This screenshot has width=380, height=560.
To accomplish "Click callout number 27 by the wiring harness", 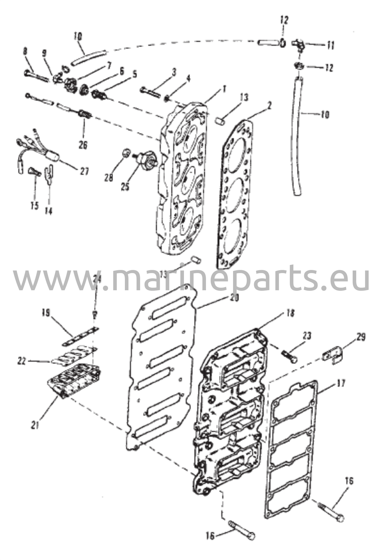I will point(84,171).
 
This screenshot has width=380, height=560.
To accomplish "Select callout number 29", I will point(361,337).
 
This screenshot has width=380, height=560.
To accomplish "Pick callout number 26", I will point(83,145).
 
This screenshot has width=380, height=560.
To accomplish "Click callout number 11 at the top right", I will point(331,46).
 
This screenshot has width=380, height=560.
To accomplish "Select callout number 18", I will point(290,313).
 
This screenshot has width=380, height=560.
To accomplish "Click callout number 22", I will point(21,361).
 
